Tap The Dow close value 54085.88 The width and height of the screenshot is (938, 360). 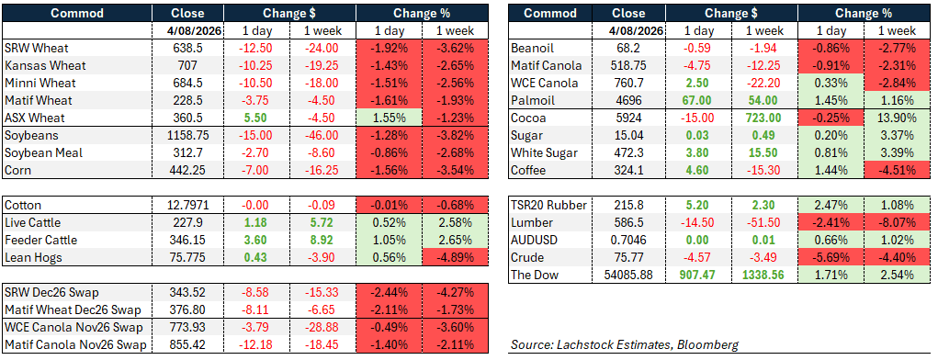pyautogui.click(x=628, y=276)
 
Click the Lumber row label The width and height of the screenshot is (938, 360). pyautogui.click(x=533, y=223)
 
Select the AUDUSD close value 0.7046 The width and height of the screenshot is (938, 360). pyautogui.click(x=628, y=241)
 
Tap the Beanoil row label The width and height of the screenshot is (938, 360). pyautogui.click(x=533, y=49)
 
